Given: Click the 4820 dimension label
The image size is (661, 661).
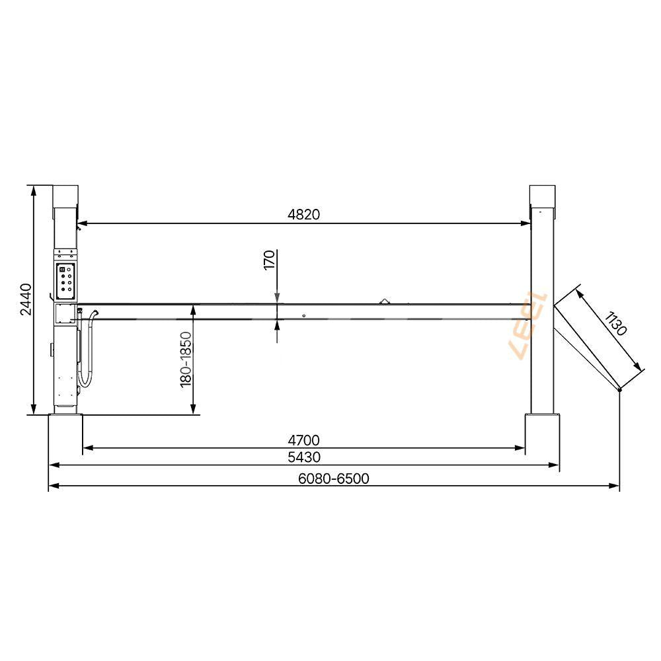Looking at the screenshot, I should (x=304, y=214).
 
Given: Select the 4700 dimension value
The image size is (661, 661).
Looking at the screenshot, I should (x=304, y=440).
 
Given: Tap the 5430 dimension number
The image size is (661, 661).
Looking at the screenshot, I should (x=304, y=457).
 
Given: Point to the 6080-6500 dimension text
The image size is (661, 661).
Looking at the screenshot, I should (x=334, y=479).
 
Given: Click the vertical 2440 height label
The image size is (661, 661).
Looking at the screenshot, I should (x=26, y=299).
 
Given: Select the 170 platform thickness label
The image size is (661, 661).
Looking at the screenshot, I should (x=269, y=259).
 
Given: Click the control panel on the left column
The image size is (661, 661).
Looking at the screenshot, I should (x=66, y=279).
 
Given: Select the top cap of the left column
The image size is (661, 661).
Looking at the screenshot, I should (x=65, y=196).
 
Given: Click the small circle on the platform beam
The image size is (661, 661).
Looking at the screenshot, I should (x=303, y=315).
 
